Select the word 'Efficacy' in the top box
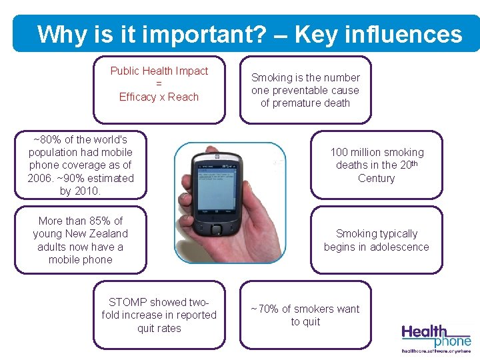(137, 97)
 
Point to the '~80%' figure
(47, 139)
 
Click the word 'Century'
(377, 178)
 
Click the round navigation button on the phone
(216, 230)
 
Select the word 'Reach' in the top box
(183, 97)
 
